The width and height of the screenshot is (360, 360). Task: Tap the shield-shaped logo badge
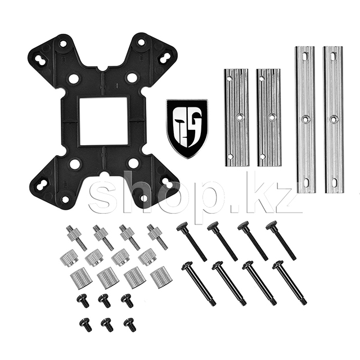pos(187,129)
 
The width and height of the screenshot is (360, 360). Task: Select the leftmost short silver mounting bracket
pos(236,117)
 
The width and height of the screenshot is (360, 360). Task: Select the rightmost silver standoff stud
pos(157,236)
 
